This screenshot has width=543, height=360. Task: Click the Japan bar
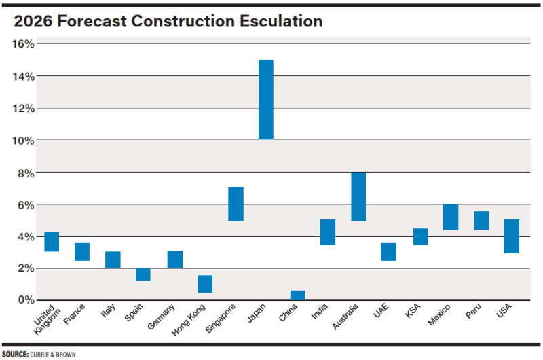click(x=266, y=99)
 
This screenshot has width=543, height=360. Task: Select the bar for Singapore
click(x=236, y=204)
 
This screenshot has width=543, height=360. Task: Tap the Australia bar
click(x=358, y=196)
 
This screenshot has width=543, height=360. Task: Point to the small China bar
click(x=297, y=295)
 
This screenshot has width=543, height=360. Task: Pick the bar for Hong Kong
click(x=205, y=284)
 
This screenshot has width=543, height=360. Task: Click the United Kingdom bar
click(x=52, y=242)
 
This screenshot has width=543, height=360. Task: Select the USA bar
click(x=512, y=236)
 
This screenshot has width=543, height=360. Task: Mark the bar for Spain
click(x=143, y=274)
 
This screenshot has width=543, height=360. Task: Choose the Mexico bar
click(x=451, y=217)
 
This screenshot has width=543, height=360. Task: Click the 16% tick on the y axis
click(x=24, y=44)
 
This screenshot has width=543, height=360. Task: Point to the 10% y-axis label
click(x=24, y=141)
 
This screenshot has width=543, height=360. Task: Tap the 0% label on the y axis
click(x=26, y=300)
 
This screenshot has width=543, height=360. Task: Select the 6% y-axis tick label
click(x=26, y=204)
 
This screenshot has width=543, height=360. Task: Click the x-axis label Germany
click(x=162, y=317)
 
